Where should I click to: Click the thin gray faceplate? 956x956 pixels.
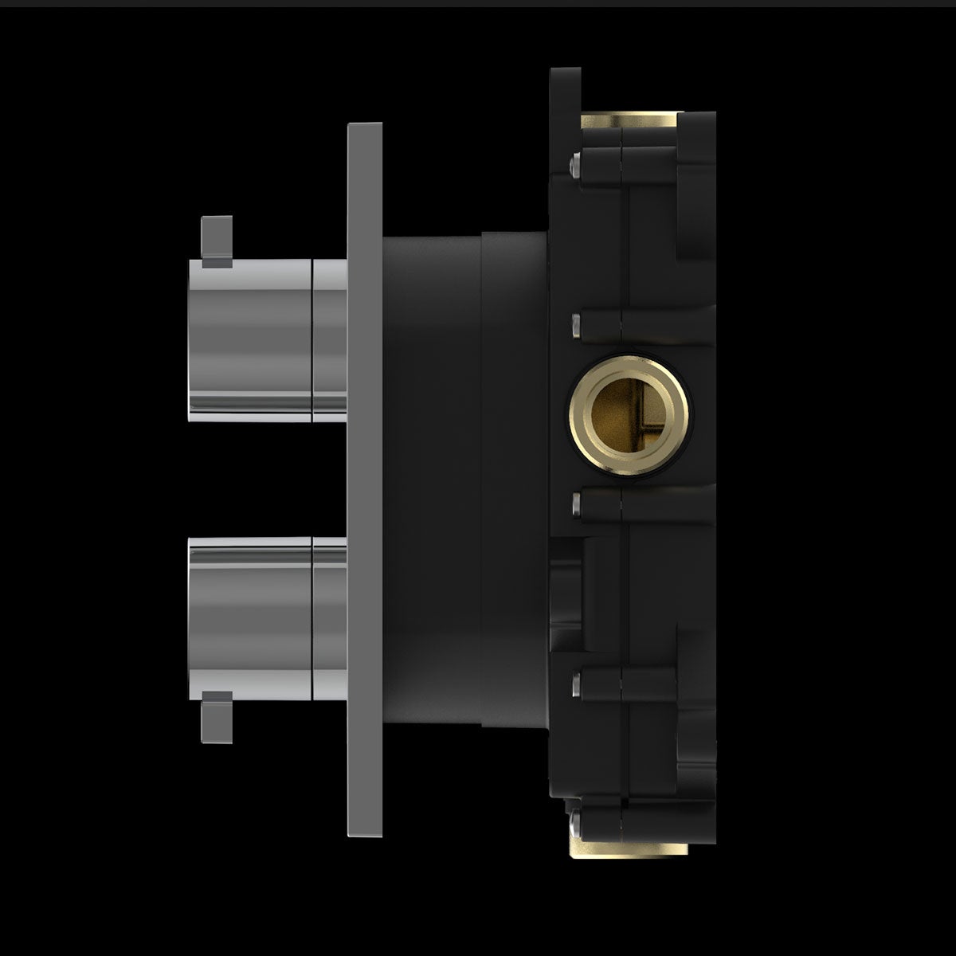point(365,478)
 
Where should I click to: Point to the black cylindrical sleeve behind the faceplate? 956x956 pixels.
point(430,478)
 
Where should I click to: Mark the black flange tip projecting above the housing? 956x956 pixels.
point(566,88)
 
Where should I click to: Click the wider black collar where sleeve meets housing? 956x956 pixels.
point(514,478)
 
